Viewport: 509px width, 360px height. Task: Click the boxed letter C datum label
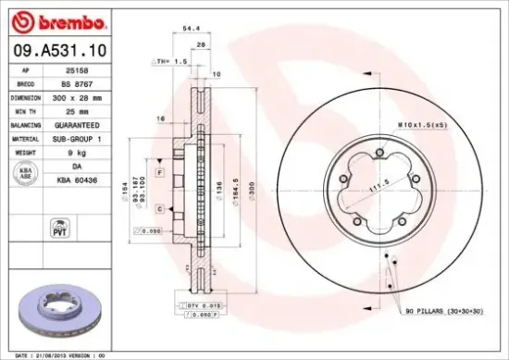pos(160,210)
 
